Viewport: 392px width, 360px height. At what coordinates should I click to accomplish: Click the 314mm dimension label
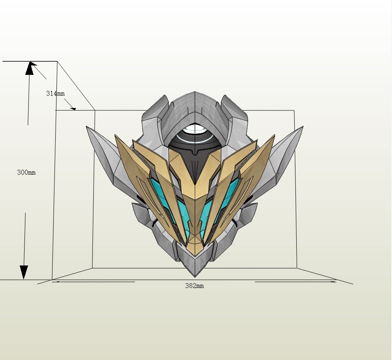55,93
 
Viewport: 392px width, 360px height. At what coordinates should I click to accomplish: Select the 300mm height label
26,172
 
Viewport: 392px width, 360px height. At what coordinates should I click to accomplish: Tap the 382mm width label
194,286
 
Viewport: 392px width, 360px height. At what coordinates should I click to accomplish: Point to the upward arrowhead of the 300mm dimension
29,68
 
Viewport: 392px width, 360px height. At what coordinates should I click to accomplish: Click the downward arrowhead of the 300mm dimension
24,272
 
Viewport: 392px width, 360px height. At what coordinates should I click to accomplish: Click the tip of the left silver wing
88,128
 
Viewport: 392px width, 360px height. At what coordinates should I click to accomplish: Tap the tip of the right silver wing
302,128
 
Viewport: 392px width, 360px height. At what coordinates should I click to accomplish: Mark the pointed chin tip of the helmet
195,276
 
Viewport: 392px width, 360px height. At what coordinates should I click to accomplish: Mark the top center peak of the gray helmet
195,92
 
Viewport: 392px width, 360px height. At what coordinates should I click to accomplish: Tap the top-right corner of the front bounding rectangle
294,110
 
